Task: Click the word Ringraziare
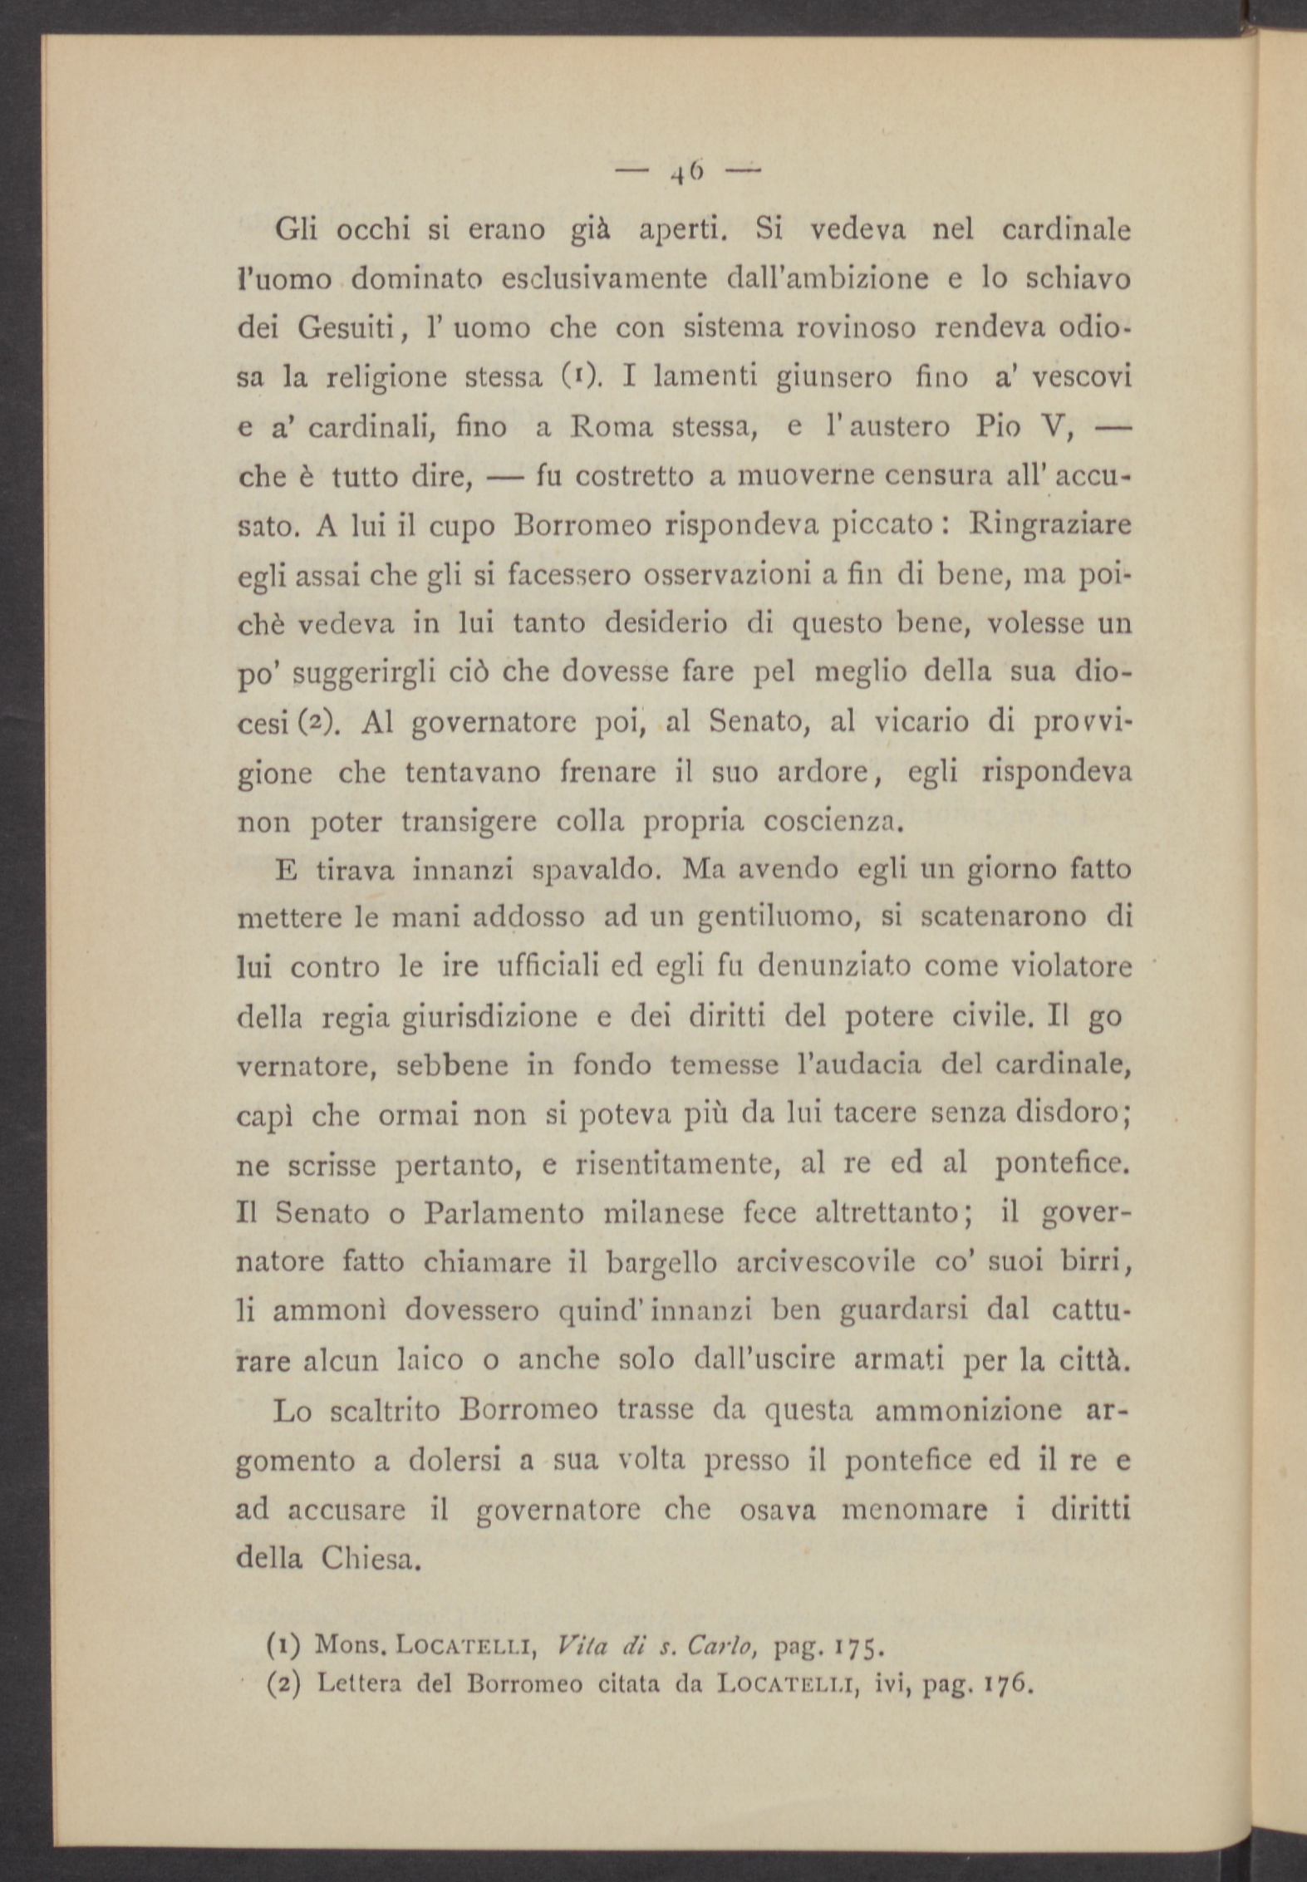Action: (x=1049, y=526)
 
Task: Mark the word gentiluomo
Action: (x=776, y=919)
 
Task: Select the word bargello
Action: (x=661, y=1263)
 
